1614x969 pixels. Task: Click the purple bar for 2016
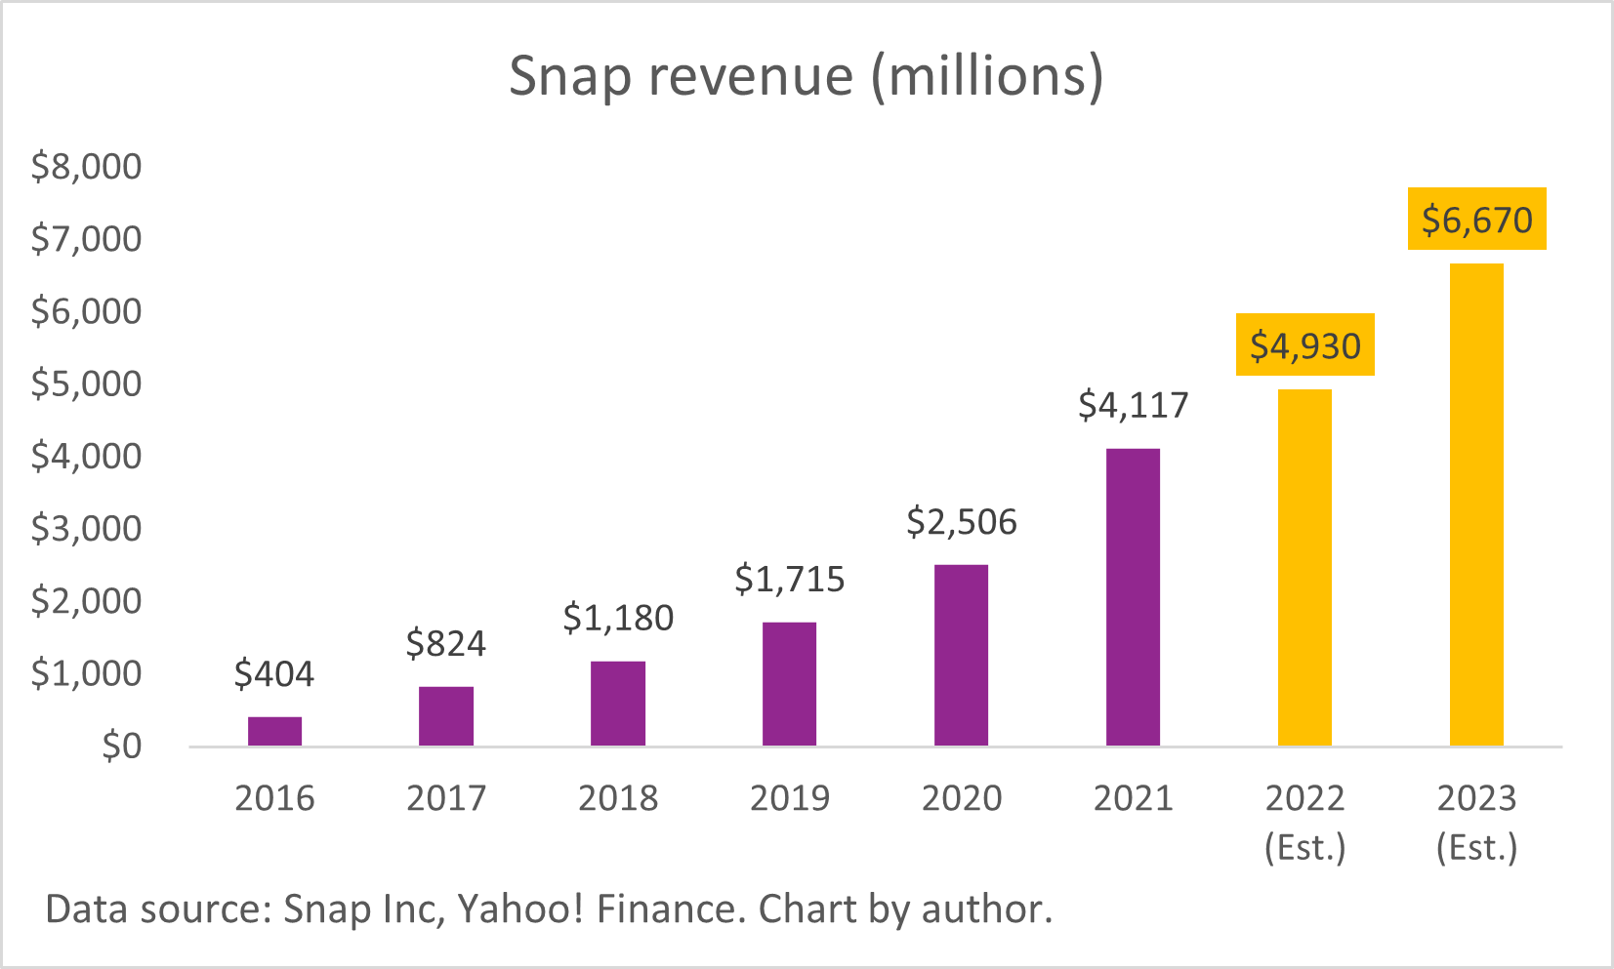tap(274, 731)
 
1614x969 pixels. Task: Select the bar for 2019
tap(789, 684)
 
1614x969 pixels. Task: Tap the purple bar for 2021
tap(1133, 597)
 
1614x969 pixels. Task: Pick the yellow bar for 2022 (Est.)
tap(1304, 568)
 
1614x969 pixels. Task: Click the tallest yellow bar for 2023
tap(1476, 505)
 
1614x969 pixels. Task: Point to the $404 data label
tap(274, 673)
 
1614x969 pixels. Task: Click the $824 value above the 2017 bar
tap(446, 644)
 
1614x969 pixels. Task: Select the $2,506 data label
tap(962, 522)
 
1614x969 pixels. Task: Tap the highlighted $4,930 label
tap(1305, 345)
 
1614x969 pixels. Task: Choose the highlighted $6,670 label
tap(1476, 220)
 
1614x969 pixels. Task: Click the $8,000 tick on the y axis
tap(86, 166)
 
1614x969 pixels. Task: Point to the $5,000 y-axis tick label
tap(86, 384)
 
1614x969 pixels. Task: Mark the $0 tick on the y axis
tap(121, 746)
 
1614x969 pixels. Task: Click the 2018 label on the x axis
tap(618, 798)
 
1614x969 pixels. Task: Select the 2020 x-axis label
tap(962, 798)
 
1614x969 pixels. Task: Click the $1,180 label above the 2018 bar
tap(618, 618)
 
